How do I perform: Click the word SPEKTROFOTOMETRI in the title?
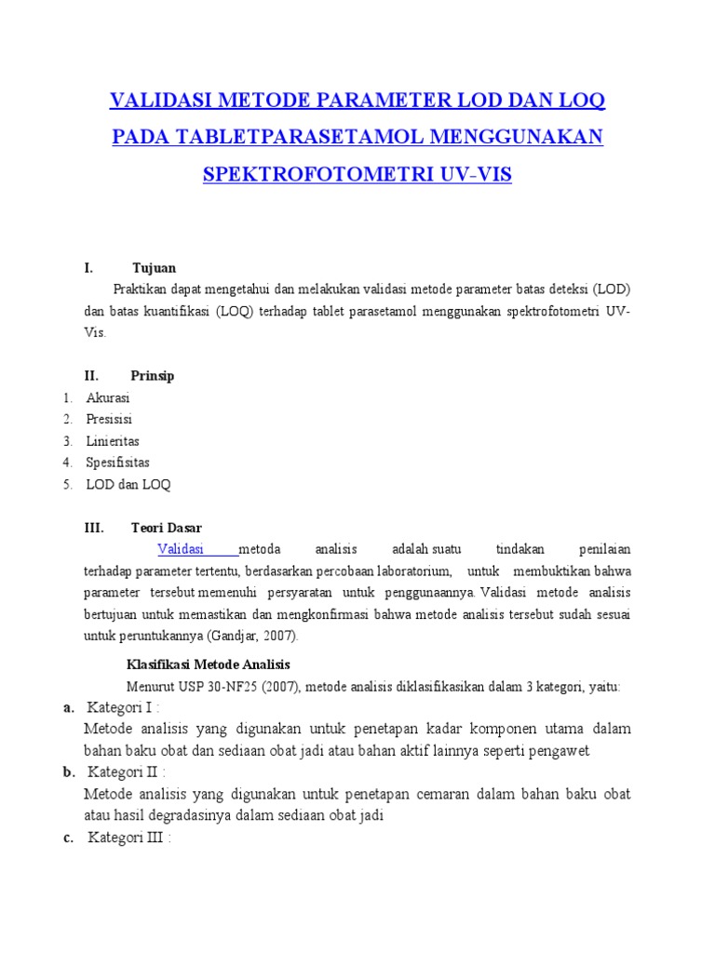(x=313, y=174)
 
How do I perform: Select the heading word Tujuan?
(x=154, y=268)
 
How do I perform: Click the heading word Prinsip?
(x=153, y=376)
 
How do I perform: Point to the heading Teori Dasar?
(x=167, y=528)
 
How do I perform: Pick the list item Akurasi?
(x=108, y=398)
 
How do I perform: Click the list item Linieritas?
(x=113, y=441)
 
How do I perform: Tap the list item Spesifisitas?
(x=118, y=463)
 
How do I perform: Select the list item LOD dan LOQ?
(x=128, y=484)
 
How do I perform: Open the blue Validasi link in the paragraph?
(x=181, y=549)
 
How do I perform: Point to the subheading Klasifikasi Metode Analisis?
(x=209, y=664)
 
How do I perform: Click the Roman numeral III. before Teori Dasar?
(x=94, y=528)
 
